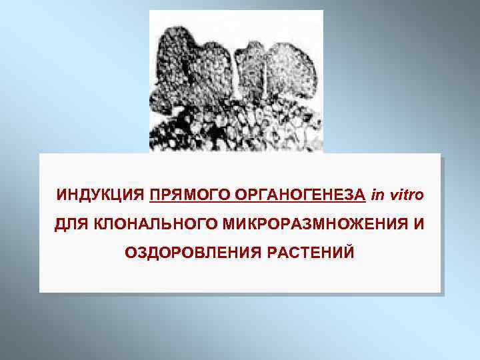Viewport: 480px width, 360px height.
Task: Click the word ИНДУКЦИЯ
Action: (x=100, y=195)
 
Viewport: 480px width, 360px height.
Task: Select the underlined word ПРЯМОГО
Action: (x=183, y=195)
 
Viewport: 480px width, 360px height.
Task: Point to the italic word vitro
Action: (x=405, y=195)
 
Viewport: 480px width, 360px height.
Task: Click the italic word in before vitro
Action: (x=378, y=195)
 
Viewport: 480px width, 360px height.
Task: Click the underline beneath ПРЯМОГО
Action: (x=183, y=201)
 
